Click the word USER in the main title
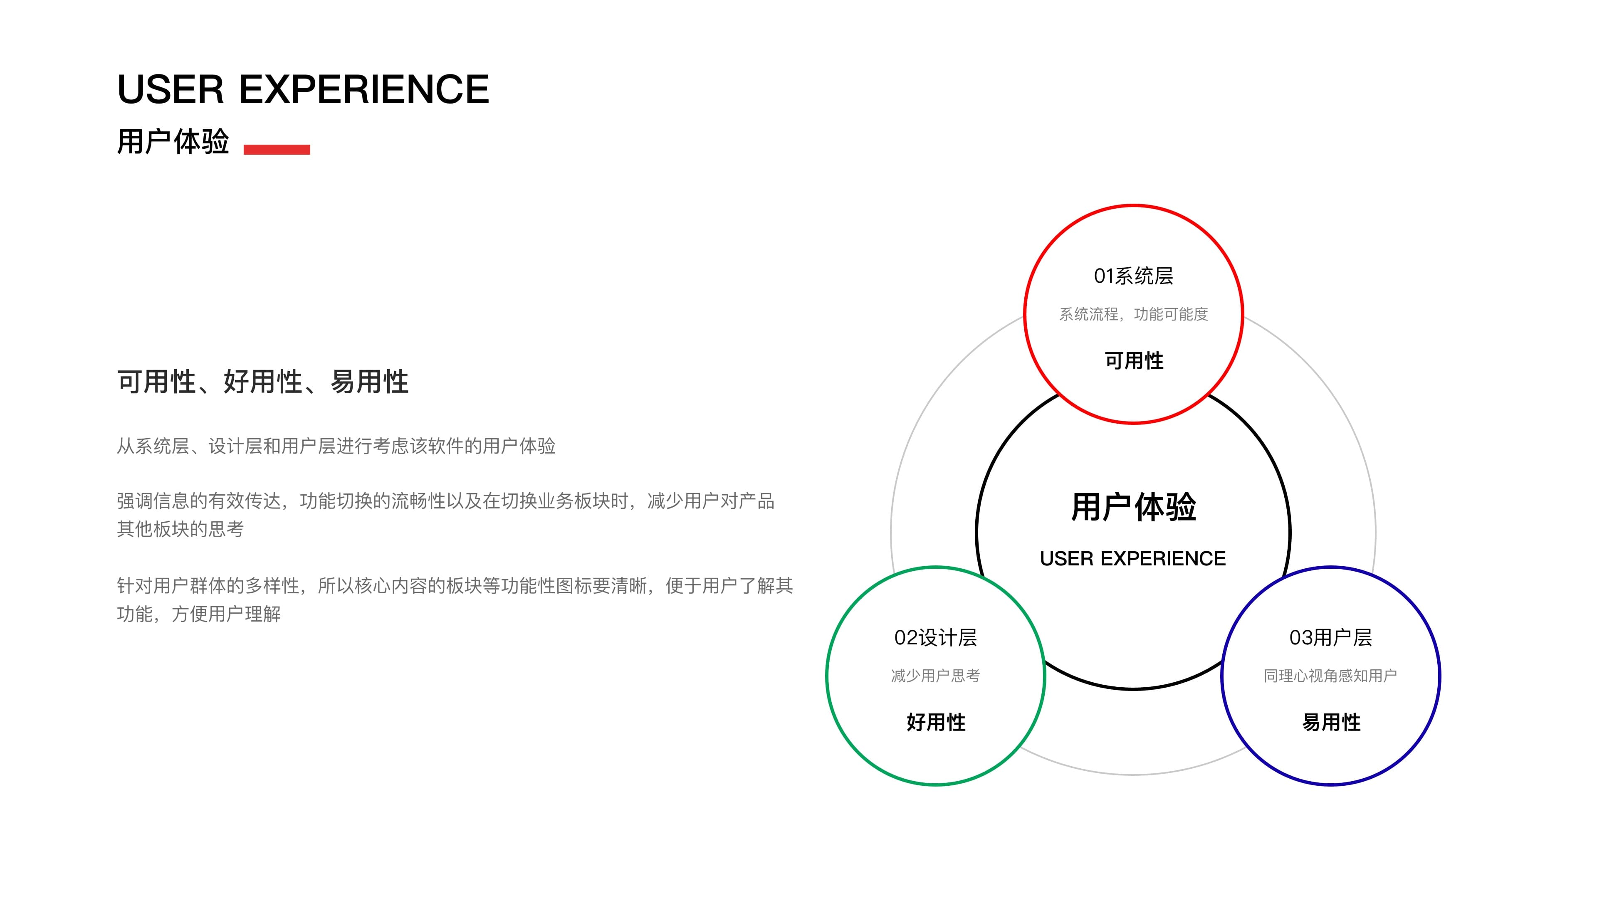pyautogui.click(x=171, y=89)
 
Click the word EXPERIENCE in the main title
pyautogui.click(x=365, y=89)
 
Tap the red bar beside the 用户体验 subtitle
pyautogui.click(x=277, y=149)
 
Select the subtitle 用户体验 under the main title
pyautogui.click(x=173, y=142)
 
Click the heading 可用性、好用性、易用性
pyautogui.click(x=263, y=382)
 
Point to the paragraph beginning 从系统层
pyautogui.click(x=336, y=446)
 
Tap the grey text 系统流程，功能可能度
pyautogui.click(x=1133, y=314)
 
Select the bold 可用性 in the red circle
pyautogui.click(x=1133, y=361)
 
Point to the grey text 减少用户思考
pyautogui.click(x=935, y=676)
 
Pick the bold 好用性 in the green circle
pyautogui.click(x=935, y=722)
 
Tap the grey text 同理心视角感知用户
pyautogui.click(x=1330, y=676)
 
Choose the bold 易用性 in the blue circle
pyautogui.click(x=1330, y=722)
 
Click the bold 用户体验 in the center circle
pyautogui.click(x=1133, y=507)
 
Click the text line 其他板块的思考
pyautogui.click(x=180, y=529)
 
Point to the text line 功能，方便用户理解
pyautogui.click(x=199, y=614)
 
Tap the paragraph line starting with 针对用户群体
pyautogui.click(x=455, y=586)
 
